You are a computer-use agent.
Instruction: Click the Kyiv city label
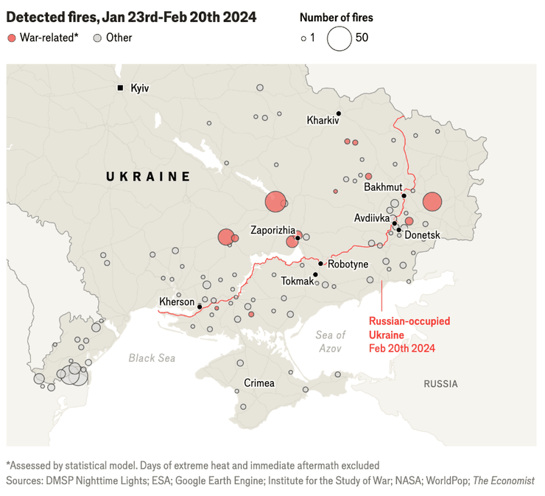click(140, 88)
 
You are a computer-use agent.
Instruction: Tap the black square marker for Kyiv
click(121, 88)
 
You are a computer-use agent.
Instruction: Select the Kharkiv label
click(323, 120)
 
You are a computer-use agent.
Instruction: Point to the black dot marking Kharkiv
click(339, 113)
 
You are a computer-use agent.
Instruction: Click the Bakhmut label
click(383, 187)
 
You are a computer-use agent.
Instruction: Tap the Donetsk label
click(422, 235)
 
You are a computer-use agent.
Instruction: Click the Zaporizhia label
click(273, 229)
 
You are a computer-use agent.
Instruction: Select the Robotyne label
click(348, 264)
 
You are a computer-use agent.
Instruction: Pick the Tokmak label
click(298, 281)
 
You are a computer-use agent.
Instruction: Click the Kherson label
click(177, 302)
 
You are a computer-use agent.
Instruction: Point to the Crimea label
click(259, 383)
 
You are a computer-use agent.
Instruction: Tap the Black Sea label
click(152, 358)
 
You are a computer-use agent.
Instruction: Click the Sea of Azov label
click(330, 341)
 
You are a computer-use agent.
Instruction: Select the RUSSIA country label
click(440, 384)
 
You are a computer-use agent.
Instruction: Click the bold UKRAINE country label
click(148, 177)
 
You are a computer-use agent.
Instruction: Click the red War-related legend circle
click(11, 38)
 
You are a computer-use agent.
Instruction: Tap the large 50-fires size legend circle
click(339, 38)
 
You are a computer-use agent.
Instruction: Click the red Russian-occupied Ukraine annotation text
click(409, 335)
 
